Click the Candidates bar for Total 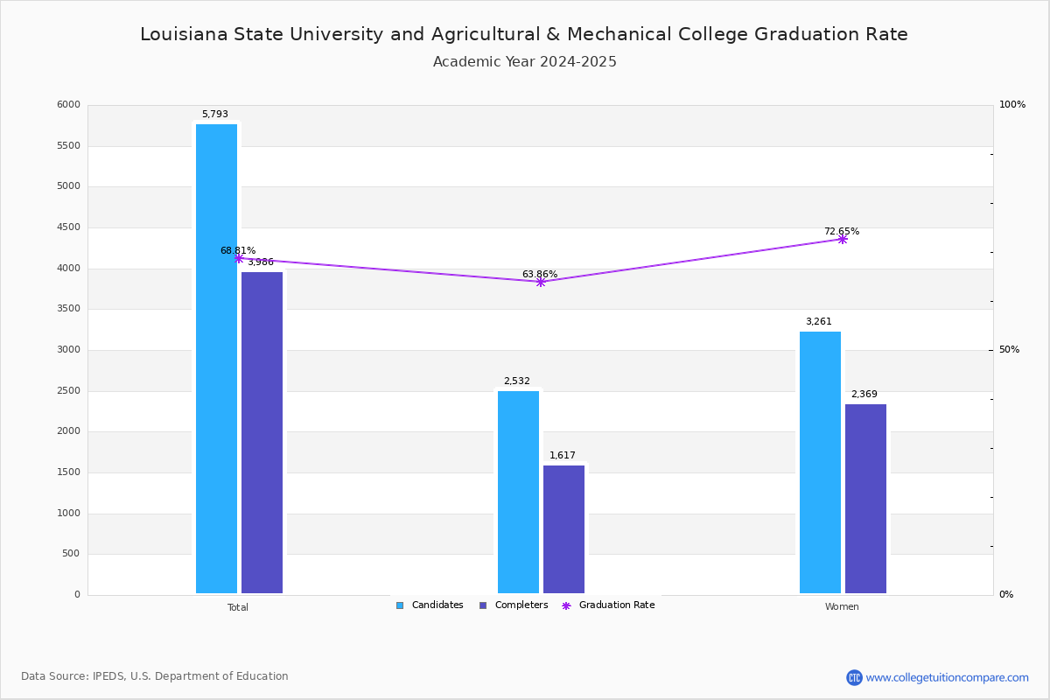point(216,359)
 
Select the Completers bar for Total point(262,432)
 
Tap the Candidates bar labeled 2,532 point(518,492)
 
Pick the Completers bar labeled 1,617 point(563,529)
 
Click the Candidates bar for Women point(820,462)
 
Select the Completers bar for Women point(865,499)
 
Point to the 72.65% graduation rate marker point(842,239)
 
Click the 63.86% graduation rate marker point(540,282)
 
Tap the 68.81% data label point(237,251)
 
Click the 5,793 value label point(214,115)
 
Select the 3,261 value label point(818,322)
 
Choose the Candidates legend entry point(430,605)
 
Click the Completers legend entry point(514,605)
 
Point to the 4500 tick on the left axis point(67,227)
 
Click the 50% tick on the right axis point(1009,350)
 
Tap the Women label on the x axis point(842,607)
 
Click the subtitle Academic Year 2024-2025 point(524,62)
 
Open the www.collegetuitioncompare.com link point(947,677)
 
